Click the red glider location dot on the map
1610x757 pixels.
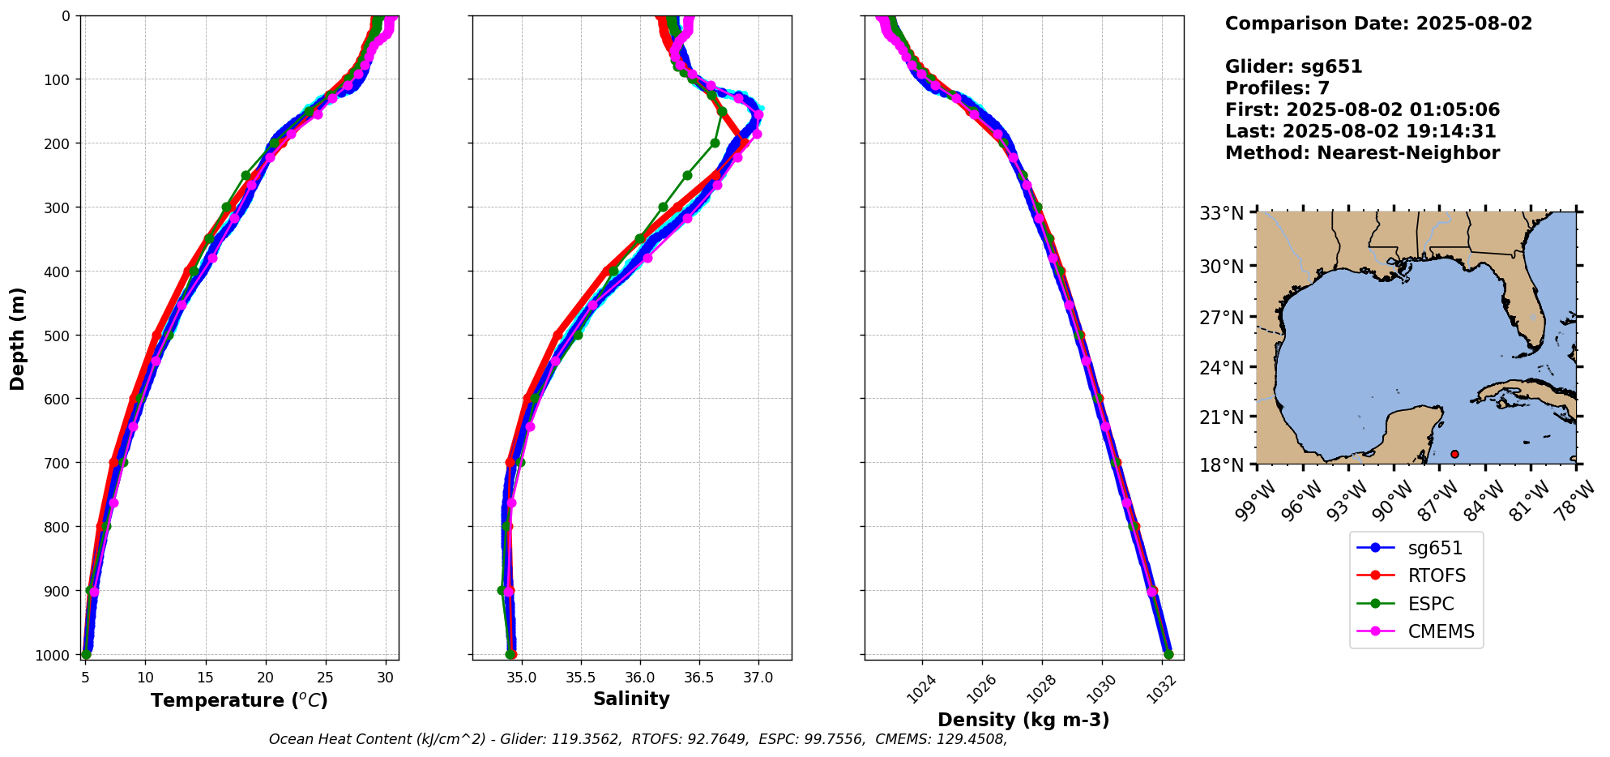pyautogui.click(x=1454, y=454)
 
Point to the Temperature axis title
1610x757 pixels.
pyautogui.click(x=239, y=700)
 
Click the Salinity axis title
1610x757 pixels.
pyautogui.click(x=631, y=699)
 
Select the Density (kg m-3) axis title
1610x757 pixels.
pyautogui.click(x=1023, y=720)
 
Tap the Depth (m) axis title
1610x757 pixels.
pyautogui.click(x=18, y=338)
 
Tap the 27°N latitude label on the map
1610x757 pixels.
pyautogui.click(x=1221, y=318)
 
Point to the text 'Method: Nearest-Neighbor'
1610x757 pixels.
pyautogui.click(x=1362, y=153)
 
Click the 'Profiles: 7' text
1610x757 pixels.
pyautogui.click(x=1277, y=88)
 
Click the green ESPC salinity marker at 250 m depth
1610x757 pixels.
pyautogui.click(x=687, y=175)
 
